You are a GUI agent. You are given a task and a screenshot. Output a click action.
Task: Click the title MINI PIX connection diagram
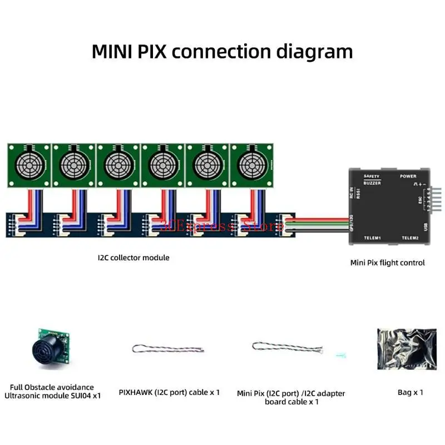(x=222, y=51)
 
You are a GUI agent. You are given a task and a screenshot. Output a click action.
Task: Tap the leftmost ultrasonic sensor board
(x=28, y=165)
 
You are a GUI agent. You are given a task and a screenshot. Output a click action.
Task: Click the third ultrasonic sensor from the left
(x=118, y=165)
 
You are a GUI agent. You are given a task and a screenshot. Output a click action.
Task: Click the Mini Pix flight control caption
(x=387, y=263)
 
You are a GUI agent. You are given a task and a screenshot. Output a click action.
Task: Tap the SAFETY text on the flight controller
(x=372, y=176)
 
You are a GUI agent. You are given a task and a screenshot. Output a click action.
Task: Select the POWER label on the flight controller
(x=408, y=176)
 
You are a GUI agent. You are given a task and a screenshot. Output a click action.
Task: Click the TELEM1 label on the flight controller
(x=372, y=238)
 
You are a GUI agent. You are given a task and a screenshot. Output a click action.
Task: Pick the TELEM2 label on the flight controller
(x=410, y=238)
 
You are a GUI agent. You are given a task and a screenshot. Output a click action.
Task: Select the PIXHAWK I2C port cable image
(x=169, y=349)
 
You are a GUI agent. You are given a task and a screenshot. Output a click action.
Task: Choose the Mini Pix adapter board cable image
(x=288, y=348)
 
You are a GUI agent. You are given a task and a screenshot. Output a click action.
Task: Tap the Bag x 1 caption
(x=410, y=392)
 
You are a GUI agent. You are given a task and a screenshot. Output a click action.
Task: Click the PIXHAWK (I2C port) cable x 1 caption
(x=169, y=392)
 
